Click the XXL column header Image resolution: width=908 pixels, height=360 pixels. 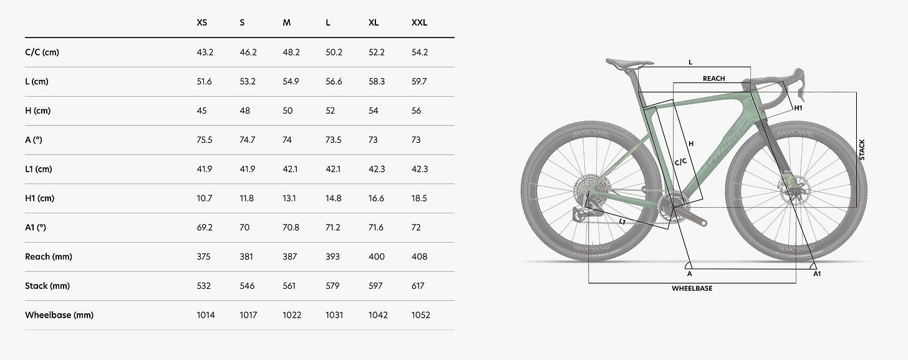click(419, 22)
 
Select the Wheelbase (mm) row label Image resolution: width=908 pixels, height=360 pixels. click(59, 315)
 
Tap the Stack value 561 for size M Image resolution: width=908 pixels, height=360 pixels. click(289, 286)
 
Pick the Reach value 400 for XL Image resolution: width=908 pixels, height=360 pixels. click(376, 256)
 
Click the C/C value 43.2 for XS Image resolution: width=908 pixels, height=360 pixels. click(205, 52)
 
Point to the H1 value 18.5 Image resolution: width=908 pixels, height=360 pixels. click(419, 198)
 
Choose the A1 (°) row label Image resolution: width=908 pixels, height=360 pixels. click(36, 228)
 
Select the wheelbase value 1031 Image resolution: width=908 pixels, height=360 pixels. click(334, 315)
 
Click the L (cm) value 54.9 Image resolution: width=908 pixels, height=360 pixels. click(291, 82)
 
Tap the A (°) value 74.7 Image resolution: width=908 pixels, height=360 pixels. click(247, 140)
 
